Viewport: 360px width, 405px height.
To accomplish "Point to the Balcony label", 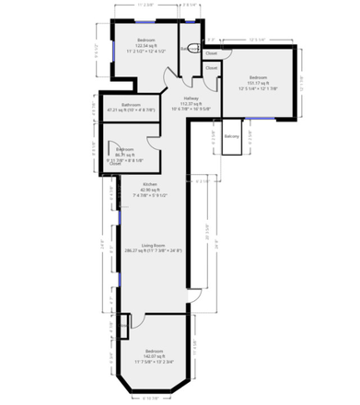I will point(232,136).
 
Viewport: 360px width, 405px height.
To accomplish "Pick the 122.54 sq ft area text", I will point(146,46).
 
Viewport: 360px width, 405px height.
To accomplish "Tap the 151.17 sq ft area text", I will point(259,84).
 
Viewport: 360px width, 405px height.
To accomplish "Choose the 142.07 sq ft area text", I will point(153,357).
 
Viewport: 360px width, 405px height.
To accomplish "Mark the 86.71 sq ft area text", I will point(125,154).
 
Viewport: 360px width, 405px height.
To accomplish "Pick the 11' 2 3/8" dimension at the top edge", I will point(145,5).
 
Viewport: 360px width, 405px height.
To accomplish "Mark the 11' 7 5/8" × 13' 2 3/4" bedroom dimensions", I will point(153,363).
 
